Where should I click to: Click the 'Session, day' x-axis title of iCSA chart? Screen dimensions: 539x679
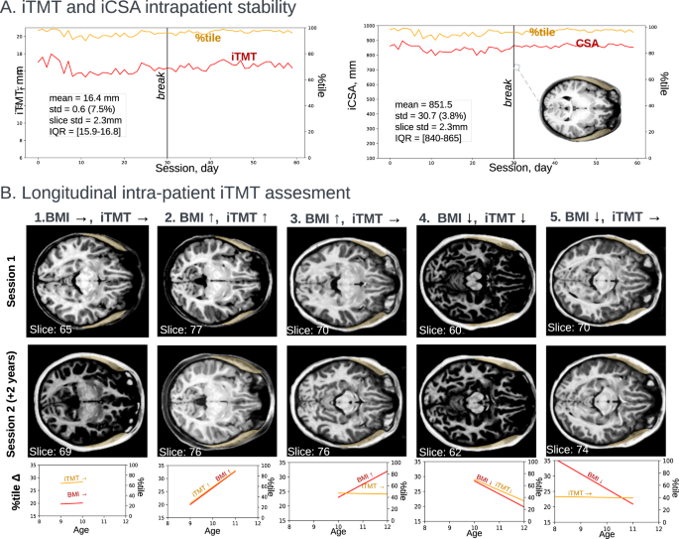(x=515, y=168)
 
